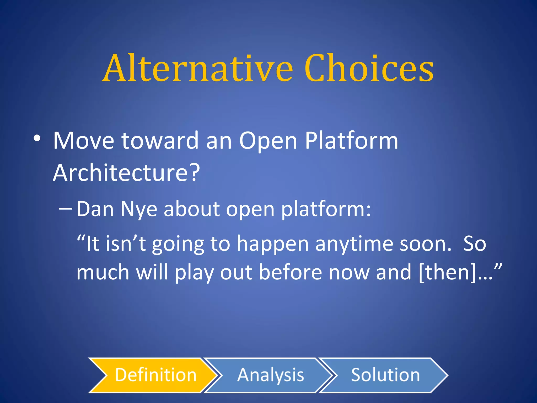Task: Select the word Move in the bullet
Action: tap(83, 141)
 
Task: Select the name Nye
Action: tap(139, 210)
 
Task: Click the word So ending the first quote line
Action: tap(475, 244)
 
